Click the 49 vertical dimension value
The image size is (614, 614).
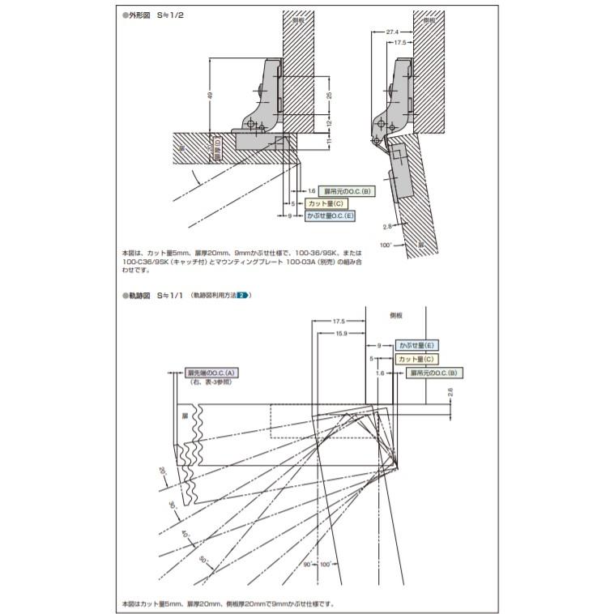point(211,96)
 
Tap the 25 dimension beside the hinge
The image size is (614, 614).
point(328,95)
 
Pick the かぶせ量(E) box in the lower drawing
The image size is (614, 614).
point(416,345)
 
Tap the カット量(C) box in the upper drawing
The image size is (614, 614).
point(326,203)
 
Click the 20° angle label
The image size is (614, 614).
point(161,471)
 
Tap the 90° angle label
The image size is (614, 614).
point(308,564)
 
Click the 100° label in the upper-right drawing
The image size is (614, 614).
point(386,244)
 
